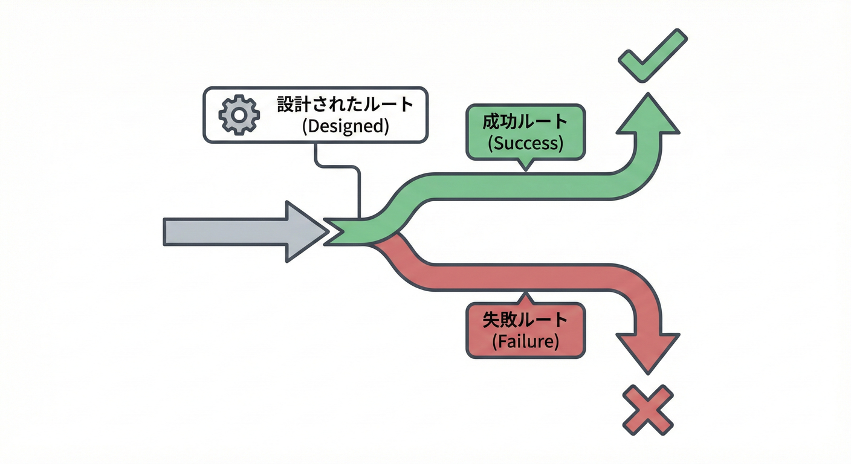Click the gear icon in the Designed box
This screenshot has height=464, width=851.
click(x=239, y=114)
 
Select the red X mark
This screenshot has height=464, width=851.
click(x=647, y=410)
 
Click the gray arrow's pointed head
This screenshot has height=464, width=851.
click(x=305, y=232)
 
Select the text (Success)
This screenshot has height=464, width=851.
click(x=525, y=143)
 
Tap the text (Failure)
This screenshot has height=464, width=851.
click(x=525, y=341)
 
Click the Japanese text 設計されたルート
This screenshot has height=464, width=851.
click(x=345, y=104)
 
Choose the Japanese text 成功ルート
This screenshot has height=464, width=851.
click(x=525, y=121)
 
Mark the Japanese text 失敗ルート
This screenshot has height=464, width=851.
click(x=525, y=319)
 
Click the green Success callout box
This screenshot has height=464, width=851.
click(x=525, y=132)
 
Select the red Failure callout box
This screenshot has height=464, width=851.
click(x=525, y=330)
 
